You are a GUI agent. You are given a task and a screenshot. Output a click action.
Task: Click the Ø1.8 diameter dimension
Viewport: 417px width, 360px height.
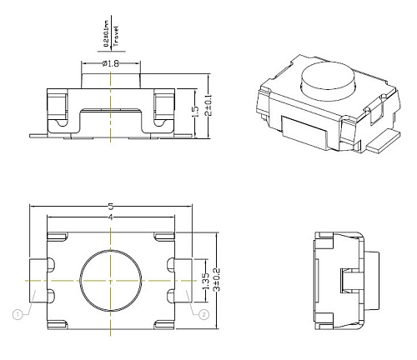click(x=110, y=64)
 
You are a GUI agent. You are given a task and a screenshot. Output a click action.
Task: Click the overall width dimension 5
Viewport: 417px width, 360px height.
click(x=110, y=207)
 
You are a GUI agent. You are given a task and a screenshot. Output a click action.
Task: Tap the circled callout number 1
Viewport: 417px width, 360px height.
click(x=16, y=314)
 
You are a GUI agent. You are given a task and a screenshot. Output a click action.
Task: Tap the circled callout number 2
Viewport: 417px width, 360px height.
click(x=203, y=314)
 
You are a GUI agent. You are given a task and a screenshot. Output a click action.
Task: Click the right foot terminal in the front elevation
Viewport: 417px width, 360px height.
click(x=180, y=132)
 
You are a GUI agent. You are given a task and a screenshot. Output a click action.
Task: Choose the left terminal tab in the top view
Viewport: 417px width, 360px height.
click(x=37, y=281)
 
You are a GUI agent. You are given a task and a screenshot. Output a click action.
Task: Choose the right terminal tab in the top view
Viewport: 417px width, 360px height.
click(x=183, y=281)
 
